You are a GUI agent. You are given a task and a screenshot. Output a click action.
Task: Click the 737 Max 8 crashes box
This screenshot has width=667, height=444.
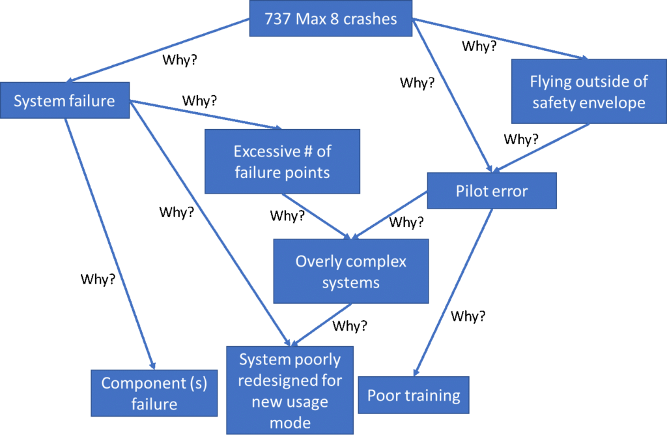click(330, 18)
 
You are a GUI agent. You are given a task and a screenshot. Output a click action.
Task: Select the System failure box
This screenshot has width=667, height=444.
click(64, 100)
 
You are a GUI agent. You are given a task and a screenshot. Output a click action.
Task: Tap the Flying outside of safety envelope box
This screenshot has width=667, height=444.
click(588, 92)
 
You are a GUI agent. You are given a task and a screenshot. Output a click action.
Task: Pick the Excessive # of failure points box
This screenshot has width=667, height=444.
click(282, 161)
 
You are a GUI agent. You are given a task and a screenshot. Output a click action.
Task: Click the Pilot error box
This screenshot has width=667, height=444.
click(491, 191)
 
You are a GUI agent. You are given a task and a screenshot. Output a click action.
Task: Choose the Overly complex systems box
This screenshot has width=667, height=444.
click(350, 271)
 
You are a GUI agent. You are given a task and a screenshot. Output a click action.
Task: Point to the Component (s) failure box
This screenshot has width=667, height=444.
click(154, 393)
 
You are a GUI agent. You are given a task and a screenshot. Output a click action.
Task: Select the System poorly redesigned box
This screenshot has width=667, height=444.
click(290, 390)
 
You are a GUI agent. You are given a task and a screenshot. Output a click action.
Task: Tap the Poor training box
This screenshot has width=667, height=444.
click(413, 395)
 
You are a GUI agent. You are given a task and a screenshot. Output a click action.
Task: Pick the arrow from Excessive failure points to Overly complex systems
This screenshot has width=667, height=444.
click(317, 216)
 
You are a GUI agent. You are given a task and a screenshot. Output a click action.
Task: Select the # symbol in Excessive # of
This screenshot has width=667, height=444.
click(305, 152)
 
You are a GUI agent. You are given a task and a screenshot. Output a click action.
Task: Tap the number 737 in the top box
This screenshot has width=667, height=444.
click(278, 18)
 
